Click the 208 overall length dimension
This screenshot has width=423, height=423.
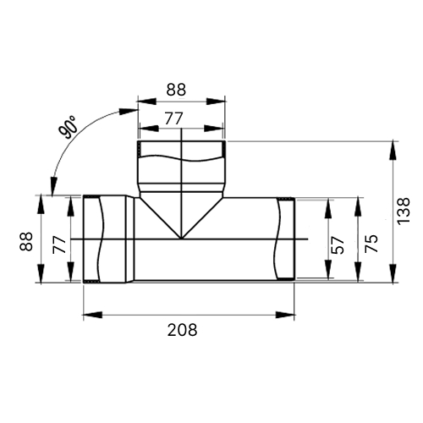[x=182, y=330]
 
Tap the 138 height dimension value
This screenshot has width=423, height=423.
[x=404, y=211]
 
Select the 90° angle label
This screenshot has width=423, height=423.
[x=68, y=128]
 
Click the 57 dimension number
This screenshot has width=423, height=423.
[x=338, y=244]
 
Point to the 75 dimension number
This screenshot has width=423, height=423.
[x=371, y=244]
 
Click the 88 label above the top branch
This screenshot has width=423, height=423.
[x=176, y=90]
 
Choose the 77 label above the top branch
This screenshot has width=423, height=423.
[x=173, y=118]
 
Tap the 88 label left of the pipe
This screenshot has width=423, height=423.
[x=26, y=241]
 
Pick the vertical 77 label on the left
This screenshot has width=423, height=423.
[x=59, y=245]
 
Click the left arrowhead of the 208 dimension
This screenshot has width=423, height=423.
[x=92, y=315]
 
